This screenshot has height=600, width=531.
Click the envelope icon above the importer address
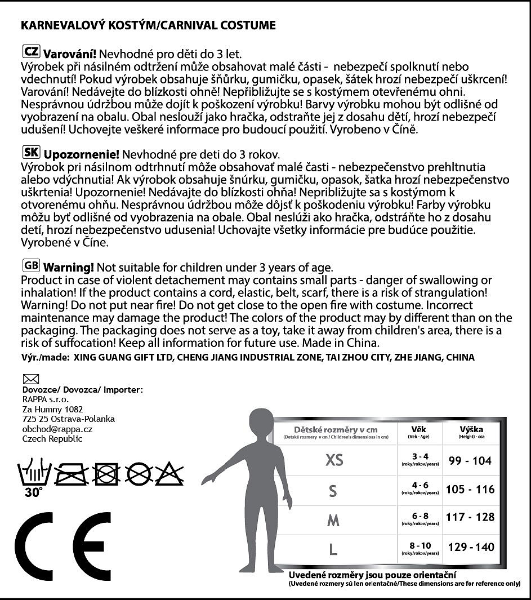coord(29,379)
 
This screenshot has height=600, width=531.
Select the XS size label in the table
coord(334,460)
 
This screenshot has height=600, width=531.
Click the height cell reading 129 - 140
coord(471,546)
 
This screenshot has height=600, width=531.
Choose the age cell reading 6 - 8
coord(420,516)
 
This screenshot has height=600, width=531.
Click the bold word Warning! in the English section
coord(69,267)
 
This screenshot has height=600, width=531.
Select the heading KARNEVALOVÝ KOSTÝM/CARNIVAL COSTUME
coord(148,25)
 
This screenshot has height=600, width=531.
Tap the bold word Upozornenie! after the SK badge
coord(82,154)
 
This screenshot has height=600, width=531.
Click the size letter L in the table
coord(333,549)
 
